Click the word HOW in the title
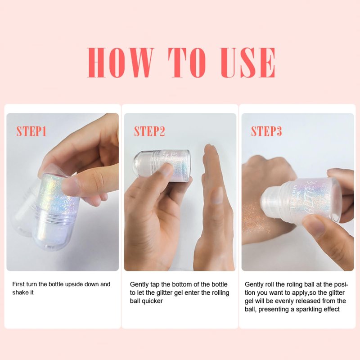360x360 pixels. point(120,63)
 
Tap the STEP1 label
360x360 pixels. point(31,131)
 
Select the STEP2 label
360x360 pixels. point(149,131)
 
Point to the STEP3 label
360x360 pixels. point(266,131)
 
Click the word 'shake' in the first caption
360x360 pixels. point(19,292)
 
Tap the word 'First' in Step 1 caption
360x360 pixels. point(18,284)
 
